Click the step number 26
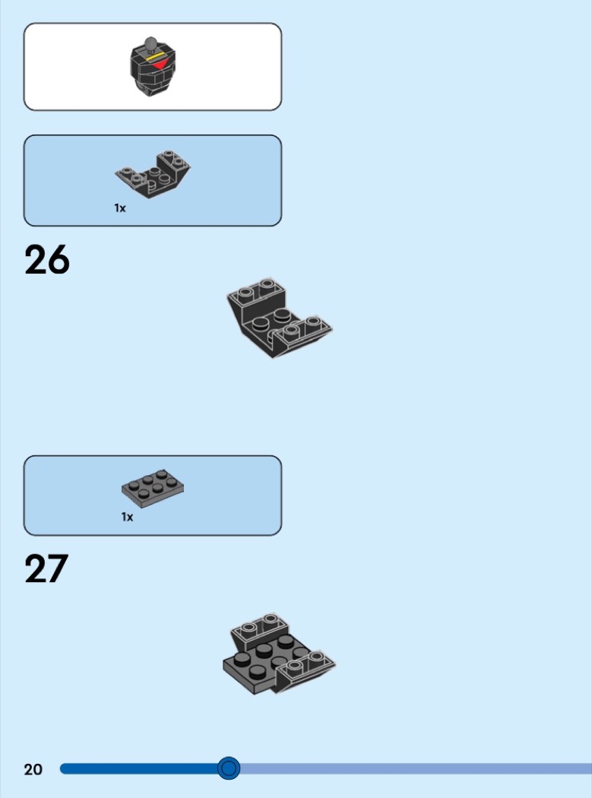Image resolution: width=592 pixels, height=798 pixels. pos(47,260)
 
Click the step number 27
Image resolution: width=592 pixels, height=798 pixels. pos(46,568)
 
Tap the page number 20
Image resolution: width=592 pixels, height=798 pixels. pos(33,769)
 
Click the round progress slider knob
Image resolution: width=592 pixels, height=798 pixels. pos(229,768)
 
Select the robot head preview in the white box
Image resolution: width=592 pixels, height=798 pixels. pos(152,66)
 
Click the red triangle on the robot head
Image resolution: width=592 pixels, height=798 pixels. pos(161,64)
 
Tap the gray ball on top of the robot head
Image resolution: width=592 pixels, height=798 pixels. pos(150,43)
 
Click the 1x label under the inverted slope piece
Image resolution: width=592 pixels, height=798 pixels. pos(119,208)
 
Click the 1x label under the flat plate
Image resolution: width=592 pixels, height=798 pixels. pos(127,517)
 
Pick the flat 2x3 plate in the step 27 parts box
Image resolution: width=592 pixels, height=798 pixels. pos(152,489)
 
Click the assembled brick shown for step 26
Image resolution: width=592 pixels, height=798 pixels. pos(279,318)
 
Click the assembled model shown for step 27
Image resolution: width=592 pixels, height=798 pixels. pos(279,654)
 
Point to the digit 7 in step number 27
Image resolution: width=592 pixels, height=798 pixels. pos(58,568)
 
